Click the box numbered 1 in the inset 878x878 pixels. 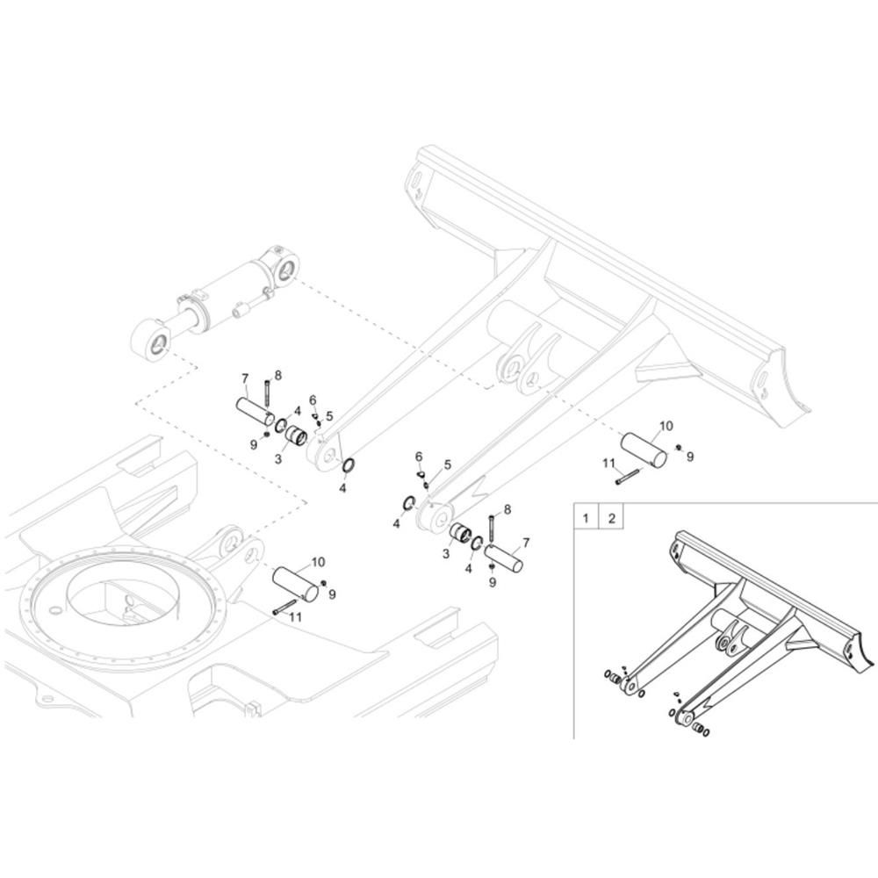[585, 518]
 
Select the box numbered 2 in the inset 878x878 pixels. [611, 518]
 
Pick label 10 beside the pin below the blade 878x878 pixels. [666, 426]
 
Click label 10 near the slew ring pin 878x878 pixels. [318, 562]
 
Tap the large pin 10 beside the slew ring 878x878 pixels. [295, 585]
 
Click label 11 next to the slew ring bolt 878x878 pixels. [296, 617]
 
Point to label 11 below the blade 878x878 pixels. [608, 463]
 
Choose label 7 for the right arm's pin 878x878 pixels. [526, 543]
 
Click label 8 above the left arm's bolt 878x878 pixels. [278, 375]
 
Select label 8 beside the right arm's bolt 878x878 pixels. [507, 509]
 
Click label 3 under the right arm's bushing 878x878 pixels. [446, 554]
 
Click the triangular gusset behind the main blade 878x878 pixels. [667, 373]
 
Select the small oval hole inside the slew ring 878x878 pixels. [54, 609]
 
